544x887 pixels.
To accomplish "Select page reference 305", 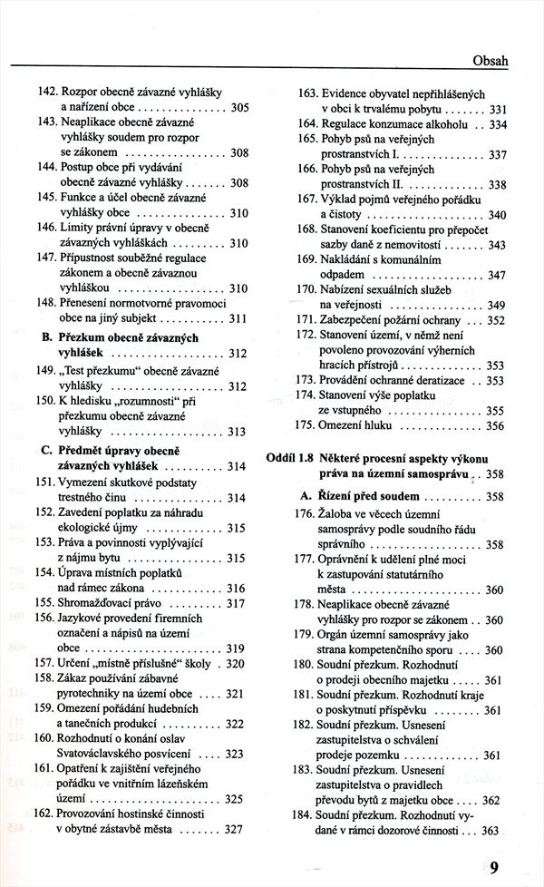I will click(x=239, y=107).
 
